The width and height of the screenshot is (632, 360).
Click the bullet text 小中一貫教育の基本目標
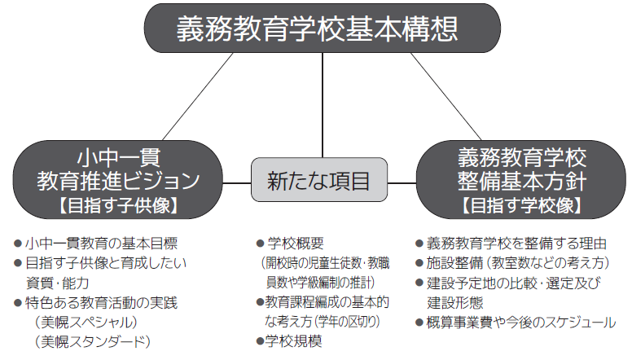101,243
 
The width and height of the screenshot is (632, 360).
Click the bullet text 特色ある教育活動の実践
101,303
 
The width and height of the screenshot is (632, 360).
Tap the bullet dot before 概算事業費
419,323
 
